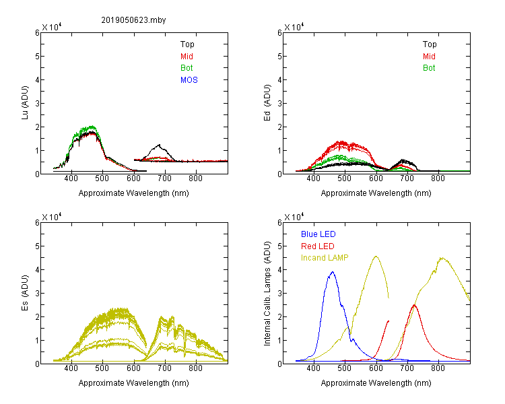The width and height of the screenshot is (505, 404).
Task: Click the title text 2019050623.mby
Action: coord(133,20)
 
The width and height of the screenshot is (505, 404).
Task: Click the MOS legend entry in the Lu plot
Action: coord(189,80)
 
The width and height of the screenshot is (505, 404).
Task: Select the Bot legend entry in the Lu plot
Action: coord(187,68)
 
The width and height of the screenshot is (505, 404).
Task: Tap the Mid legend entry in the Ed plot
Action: coord(429,57)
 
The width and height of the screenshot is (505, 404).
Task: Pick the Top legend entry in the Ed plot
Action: coord(430,44)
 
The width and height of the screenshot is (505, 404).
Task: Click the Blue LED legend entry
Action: coord(318,234)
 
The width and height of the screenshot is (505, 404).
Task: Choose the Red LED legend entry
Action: coord(318,246)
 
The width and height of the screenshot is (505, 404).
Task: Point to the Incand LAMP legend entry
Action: coord(325,258)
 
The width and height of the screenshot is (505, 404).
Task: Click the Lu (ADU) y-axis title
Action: coord(25,103)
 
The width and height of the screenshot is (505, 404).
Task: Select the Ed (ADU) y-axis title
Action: coord(267,103)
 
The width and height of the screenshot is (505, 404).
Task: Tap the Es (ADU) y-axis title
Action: coord(25,293)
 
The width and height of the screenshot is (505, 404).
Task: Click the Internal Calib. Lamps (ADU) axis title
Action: coord(267,294)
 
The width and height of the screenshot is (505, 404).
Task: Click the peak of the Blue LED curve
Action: coord(333,272)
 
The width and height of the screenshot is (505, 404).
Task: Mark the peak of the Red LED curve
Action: coord(414,305)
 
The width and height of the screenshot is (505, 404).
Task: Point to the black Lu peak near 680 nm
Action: coord(158,145)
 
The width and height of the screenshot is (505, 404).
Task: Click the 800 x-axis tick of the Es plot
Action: coord(195,368)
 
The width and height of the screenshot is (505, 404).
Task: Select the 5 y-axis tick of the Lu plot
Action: coord(37,57)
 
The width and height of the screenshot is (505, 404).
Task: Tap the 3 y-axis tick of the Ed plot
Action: coord(279,104)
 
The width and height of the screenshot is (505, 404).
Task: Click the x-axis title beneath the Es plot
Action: coord(134,383)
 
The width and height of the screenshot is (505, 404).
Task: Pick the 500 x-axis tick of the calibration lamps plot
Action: coord(345,368)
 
